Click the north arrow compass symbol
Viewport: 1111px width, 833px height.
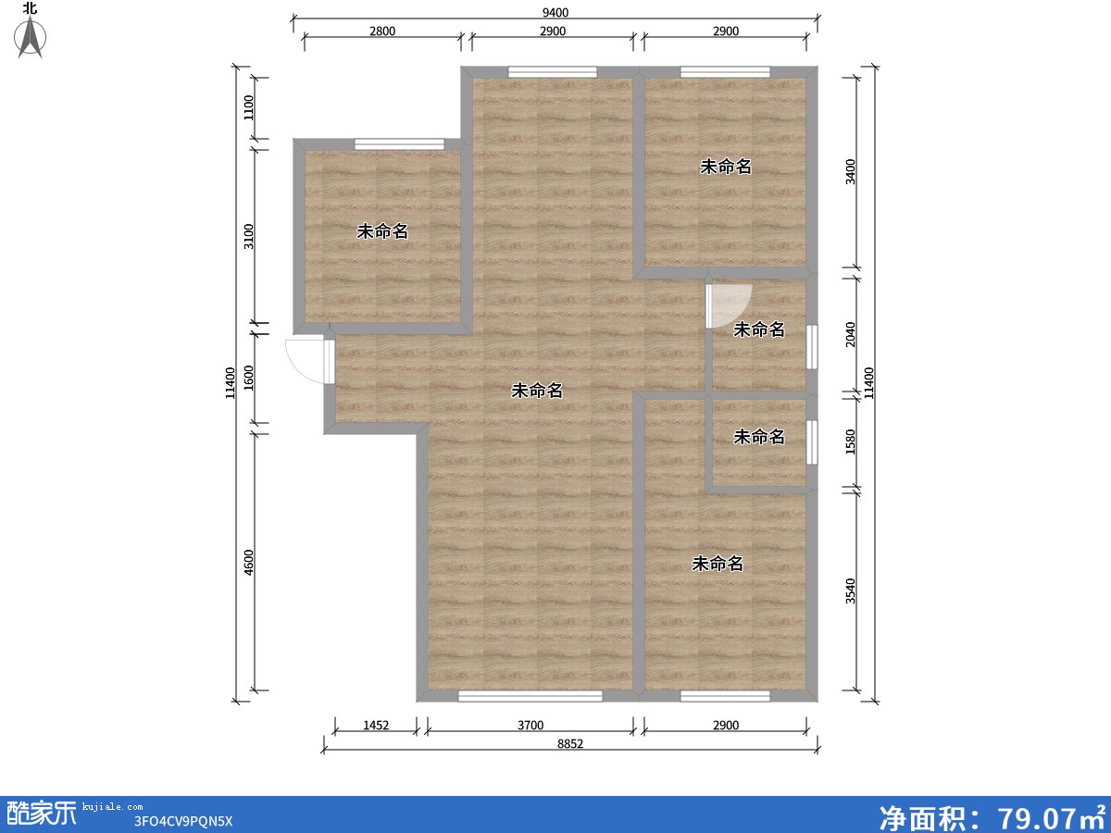30,36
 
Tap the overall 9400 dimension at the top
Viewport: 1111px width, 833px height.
555,12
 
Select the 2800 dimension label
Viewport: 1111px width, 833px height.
382,31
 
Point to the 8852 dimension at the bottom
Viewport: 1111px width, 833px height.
570,743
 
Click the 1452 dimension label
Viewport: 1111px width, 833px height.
376,726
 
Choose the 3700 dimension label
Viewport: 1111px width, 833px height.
530,726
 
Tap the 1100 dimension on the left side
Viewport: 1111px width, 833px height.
248,107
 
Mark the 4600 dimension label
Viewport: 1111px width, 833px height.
248,562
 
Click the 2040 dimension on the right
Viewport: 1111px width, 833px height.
850,334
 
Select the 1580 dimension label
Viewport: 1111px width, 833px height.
850,441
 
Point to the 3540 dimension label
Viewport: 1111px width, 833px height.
850,591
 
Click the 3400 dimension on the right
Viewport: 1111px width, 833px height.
850,171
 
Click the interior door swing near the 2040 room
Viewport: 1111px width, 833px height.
729,306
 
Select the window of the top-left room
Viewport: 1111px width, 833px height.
399,144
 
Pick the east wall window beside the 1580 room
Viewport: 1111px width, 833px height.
812,442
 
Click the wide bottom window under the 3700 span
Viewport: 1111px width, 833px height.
531,696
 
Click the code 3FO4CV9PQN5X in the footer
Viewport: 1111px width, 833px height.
182,821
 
